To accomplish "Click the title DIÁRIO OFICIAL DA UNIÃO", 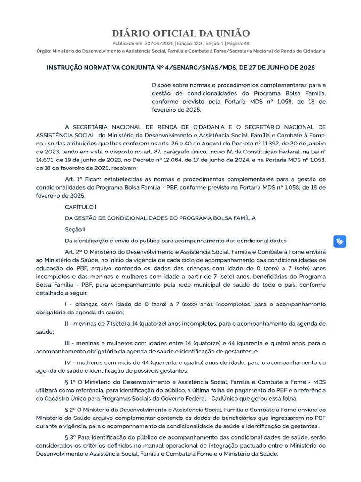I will (x=180, y=33).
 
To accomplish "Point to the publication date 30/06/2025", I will (x=161, y=43).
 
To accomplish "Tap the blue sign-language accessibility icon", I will (x=340, y=241).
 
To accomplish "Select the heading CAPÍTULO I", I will (x=80, y=206).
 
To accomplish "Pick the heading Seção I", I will (x=75, y=229).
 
